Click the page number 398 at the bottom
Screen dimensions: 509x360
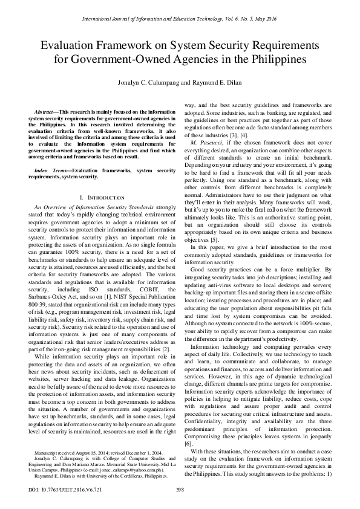pos(180,490)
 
